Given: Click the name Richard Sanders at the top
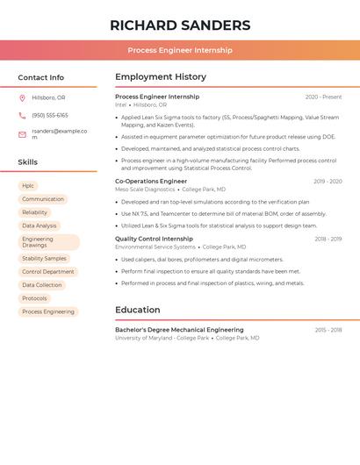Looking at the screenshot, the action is coord(180,25).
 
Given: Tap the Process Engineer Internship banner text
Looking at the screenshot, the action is coord(180,50).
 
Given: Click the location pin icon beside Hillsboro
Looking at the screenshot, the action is coord(22,97).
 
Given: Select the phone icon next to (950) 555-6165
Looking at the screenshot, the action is coord(22,115).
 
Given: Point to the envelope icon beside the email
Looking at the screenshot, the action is coord(22,134).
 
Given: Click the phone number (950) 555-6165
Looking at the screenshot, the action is coord(50,115).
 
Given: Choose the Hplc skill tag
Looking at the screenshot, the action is coord(28,186).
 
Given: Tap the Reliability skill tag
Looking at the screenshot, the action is coord(35,212).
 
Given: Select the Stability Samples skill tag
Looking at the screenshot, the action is coord(44,259).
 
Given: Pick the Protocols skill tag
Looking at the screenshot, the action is coord(34,298).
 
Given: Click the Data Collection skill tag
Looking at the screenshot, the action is coord(42,285).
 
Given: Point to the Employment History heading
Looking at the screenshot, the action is coord(161,77).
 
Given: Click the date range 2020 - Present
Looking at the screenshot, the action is coord(323,97).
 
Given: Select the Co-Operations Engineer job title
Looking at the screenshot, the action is coord(151,182).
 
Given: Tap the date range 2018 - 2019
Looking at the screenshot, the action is coord(328,239).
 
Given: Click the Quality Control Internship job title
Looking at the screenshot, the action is coord(154,239).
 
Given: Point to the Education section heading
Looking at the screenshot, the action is coord(138,310).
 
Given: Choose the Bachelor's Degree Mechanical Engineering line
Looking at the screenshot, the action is coord(179,330).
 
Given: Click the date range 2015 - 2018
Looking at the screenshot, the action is coord(328,330).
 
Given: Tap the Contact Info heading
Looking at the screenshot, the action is coord(41,77).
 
